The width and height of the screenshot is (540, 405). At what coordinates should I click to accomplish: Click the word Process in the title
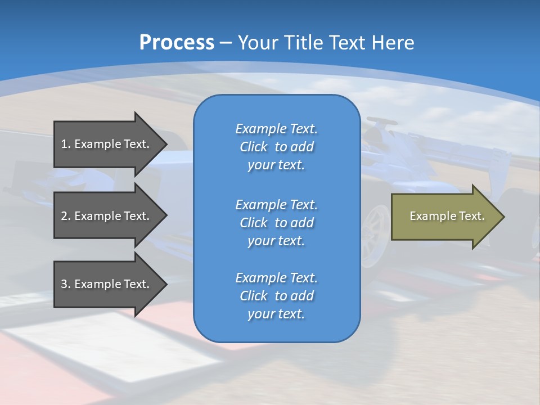click(177, 42)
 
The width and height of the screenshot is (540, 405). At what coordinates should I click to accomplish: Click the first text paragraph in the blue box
click(276, 147)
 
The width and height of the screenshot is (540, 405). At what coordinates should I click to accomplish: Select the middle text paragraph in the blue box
click(276, 223)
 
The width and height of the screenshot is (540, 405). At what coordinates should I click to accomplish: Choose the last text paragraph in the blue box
click(276, 296)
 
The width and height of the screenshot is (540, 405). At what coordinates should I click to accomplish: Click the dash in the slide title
click(226, 43)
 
